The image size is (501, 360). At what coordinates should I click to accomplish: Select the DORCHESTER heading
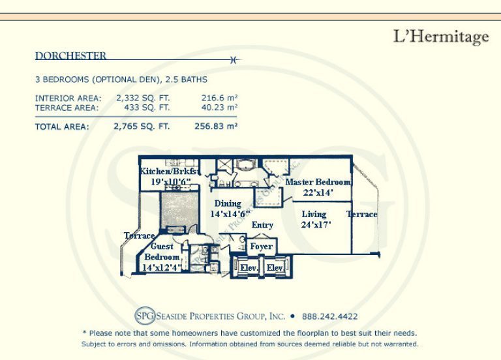tap(70, 56)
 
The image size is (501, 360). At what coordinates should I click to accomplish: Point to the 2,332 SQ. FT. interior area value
tap(143, 98)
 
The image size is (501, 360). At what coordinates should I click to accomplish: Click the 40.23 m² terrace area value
tap(219, 108)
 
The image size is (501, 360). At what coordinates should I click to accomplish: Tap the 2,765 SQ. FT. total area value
tap(142, 127)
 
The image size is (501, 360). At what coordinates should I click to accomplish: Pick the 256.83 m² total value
tap(216, 127)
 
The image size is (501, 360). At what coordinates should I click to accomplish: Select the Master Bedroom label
tap(318, 182)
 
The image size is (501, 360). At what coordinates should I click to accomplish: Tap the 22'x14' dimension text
tap(318, 192)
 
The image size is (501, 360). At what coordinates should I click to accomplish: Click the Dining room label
tap(228, 203)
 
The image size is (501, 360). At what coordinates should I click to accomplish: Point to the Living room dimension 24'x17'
tap(316, 225)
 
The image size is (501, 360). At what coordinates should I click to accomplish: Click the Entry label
tap(262, 225)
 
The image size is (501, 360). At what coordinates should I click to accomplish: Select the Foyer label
tap(262, 247)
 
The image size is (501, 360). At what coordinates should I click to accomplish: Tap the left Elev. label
tap(249, 267)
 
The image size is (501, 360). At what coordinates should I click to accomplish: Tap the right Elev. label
tap(275, 267)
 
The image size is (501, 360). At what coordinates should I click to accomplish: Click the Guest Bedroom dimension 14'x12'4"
tap(162, 267)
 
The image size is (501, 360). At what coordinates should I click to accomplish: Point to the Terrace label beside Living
tap(362, 215)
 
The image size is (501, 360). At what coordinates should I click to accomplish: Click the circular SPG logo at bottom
tap(145, 316)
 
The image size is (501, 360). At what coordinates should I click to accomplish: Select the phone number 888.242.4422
tap(329, 316)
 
